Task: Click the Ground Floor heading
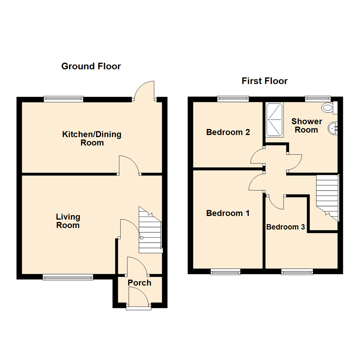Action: (x=91, y=66)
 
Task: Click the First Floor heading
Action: (x=264, y=81)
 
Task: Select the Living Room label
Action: (x=68, y=221)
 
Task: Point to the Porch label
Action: (x=140, y=283)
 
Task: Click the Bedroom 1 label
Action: (x=228, y=213)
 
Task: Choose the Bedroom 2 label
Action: (x=228, y=132)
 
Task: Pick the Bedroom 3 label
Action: (x=286, y=227)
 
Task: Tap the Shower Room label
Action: (x=306, y=126)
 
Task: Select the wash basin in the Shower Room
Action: (x=333, y=128)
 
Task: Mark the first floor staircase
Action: (x=327, y=197)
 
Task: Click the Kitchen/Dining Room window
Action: (x=63, y=99)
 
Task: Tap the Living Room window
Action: (x=68, y=277)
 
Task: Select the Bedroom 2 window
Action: (x=233, y=99)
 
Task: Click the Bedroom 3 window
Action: (x=297, y=272)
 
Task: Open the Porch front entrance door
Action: (x=138, y=298)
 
